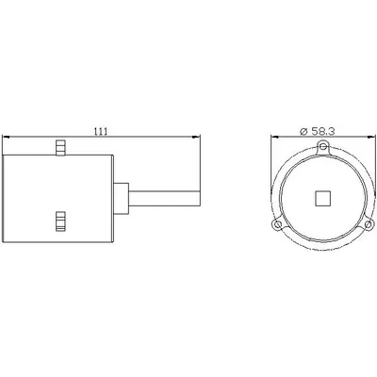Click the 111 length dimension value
(x=101, y=131)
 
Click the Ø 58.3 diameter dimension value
(x=318, y=132)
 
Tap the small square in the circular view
(x=323, y=199)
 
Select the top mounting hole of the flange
(x=323, y=146)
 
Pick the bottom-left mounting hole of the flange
(x=277, y=225)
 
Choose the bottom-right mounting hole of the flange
(x=369, y=225)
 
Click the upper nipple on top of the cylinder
(x=60, y=148)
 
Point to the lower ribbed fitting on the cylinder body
(x=60, y=221)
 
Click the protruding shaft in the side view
(x=164, y=199)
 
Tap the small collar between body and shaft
(x=121, y=199)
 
